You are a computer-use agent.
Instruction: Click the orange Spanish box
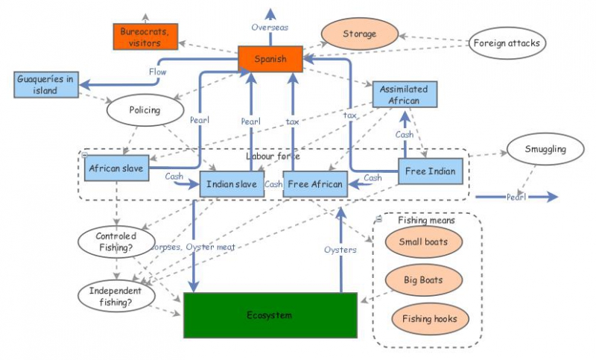click(x=270, y=58)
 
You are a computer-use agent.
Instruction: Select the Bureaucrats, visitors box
click(x=145, y=37)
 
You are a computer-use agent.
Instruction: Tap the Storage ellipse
click(x=359, y=34)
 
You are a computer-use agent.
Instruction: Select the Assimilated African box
click(x=405, y=95)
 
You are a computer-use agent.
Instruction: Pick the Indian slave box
click(x=232, y=184)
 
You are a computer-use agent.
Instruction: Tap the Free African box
click(x=316, y=184)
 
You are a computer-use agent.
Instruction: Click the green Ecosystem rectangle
click(x=270, y=315)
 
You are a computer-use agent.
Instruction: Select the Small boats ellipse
click(x=424, y=242)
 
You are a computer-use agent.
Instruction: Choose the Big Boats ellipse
click(x=424, y=280)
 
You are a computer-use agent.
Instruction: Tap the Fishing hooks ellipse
click(x=424, y=319)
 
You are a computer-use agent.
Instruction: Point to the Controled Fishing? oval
click(x=115, y=242)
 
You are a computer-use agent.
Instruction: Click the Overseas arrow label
click(x=270, y=27)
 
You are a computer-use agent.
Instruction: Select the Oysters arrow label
click(x=340, y=250)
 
